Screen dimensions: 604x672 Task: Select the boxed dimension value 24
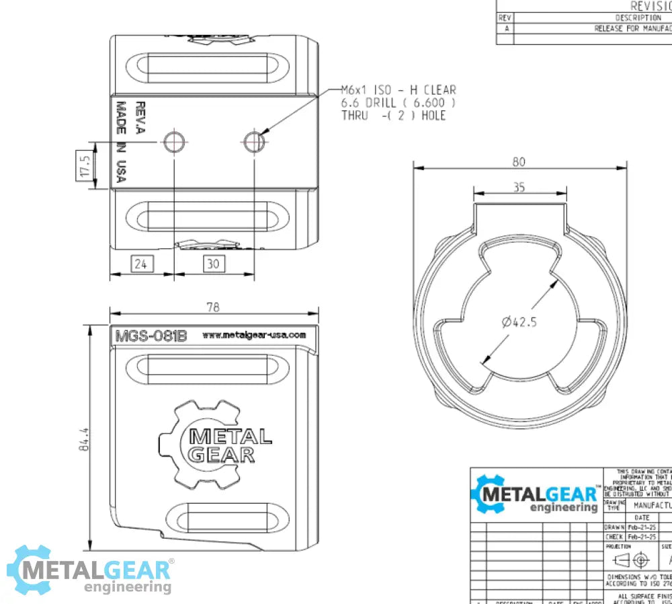[x=140, y=264]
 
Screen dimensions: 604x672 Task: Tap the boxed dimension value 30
[x=213, y=264]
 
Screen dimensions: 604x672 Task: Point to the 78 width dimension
[x=213, y=307]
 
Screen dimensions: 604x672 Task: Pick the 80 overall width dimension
[x=519, y=161]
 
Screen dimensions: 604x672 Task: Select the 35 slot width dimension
[x=519, y=188]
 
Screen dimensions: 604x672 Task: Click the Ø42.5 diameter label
[x=519, y=322]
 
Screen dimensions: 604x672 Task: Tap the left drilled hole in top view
[x=174, y=141]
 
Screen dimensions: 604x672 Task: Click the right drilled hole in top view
[x=254, y=141]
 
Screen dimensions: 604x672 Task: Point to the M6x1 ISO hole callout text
[x=398, y=102]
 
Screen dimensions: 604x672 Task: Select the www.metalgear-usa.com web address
[x=253, y=335]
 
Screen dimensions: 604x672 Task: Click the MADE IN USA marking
[x=121, y=143]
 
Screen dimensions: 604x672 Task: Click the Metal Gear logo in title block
[x=536, y=496]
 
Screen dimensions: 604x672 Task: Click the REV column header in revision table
[x=505, y=18]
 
